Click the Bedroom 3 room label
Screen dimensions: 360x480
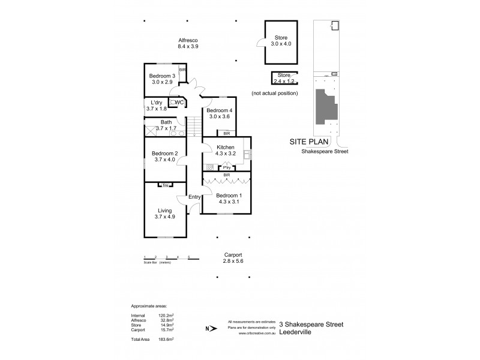[x=162, y=76]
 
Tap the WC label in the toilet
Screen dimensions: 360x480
[x=179, y=103]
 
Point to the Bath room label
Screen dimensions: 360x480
[x=166, y=122]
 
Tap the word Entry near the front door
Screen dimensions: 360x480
[x=194, y=197]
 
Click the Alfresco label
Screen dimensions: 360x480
[x=188, y=40]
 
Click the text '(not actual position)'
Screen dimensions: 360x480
[x=275, y=94]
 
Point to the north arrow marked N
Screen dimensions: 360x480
[x=208, y=328]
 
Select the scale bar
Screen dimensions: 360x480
[x=166, y=258]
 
